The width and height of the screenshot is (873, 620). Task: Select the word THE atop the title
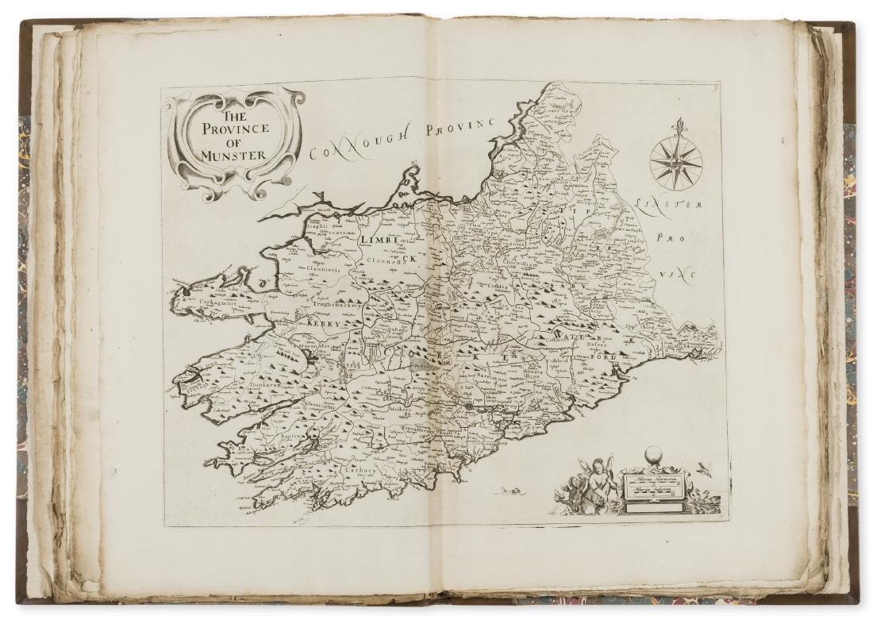click(235, 115)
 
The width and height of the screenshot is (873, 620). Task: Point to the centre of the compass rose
click(675, 163)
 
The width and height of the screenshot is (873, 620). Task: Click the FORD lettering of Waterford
click(606, 356)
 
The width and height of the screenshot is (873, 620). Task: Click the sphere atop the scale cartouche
click(652, 455)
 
